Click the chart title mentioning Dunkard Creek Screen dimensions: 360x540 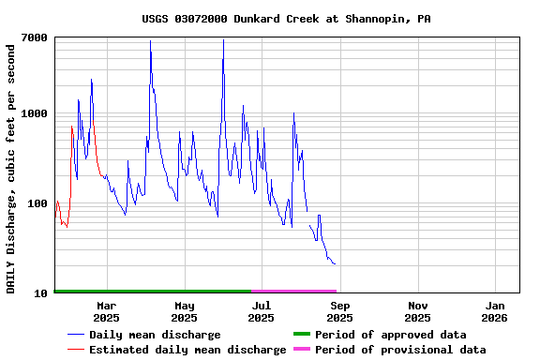(x=287, y=19)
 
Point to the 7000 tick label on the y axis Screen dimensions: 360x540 (x=36, y=37)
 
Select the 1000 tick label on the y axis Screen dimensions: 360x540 (x=36, y=113)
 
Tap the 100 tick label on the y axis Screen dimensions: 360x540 (x=38, y=203)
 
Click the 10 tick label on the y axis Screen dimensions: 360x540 (x=41, y=293)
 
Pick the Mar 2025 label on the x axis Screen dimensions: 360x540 (x=106, y=311)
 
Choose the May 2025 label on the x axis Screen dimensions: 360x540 (x=185, y=311)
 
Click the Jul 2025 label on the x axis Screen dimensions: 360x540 (x=262, y=311)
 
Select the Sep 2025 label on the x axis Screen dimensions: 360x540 (x=340, y=311)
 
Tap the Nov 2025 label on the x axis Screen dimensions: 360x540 (x=418, y=311)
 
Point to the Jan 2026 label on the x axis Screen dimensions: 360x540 (x=496, y=311)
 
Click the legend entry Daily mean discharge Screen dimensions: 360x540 (x=155, y=335)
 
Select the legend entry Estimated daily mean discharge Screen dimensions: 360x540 (x=187, y=350)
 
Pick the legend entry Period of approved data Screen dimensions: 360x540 (x=390, y=335)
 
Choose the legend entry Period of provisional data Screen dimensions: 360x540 (x=400, y=350)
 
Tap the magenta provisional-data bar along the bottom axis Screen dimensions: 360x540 (x=293, y=292)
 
